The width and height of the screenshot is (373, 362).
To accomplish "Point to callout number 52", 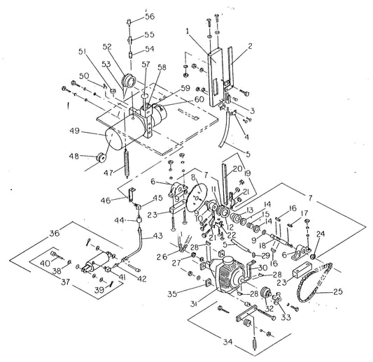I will click(x=107, y=47).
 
